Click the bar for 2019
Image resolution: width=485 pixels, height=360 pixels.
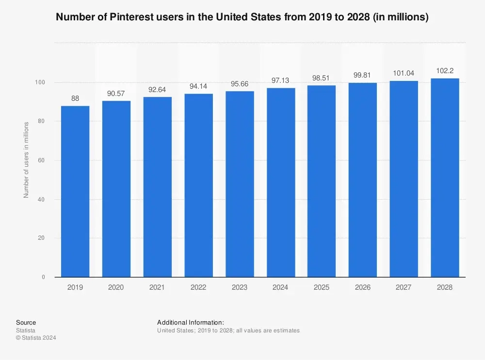click(x=75, y=191)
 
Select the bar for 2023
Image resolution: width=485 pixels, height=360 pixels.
click(x=240, y=184)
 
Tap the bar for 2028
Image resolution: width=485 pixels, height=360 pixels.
click(x=445, y=178)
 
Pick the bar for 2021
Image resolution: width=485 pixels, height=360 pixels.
click(x=157, y=187)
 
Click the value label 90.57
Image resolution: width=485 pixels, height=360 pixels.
click(x=116, y=93)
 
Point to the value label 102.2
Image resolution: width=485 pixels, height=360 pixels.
click(x=445, y=70)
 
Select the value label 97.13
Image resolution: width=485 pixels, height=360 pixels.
click(x=281, y=80)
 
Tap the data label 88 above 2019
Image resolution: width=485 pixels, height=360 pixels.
click(x=75, y=98)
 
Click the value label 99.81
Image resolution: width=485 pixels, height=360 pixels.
click(x=363, y=75)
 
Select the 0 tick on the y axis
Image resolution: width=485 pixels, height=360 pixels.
click(x=43, y=277)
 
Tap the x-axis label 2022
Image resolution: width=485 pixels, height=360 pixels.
click(x=198, y=287)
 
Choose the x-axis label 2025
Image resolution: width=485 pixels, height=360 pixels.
click(x=322, y=287)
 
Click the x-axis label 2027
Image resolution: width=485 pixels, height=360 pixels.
click(x=404, y=287)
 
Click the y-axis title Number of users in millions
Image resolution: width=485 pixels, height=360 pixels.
click(x=27, y=160)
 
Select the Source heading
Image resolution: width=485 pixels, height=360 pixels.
click(x=26, y=322)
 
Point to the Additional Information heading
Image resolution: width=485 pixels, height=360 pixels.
click(x=191, y=322)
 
